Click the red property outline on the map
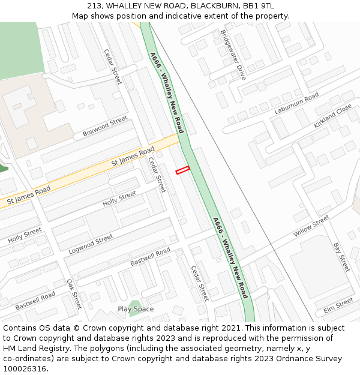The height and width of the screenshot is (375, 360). point(182,170)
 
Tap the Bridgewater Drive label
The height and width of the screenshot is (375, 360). point(233,55)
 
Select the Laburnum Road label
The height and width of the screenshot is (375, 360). point(296,104)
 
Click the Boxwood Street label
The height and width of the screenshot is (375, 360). point(106,126)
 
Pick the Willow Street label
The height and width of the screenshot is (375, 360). point(311,226)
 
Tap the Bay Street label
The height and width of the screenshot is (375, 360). point(341,257)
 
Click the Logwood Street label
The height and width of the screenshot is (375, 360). point(91,242)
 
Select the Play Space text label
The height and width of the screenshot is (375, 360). point(136,309)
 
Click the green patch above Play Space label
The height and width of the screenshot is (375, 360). point(136,302)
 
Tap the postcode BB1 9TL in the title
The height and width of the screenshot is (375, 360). point(259,6)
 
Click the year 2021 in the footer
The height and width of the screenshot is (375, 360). point(229,328)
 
